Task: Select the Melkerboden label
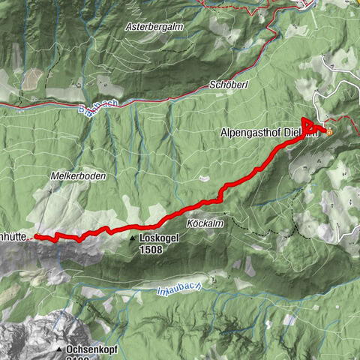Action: point(79,175)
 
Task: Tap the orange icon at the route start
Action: point(329,128)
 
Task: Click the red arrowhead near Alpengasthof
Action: point(307,122)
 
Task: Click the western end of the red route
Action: point(37,237)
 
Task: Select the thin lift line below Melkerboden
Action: point(45,206)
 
